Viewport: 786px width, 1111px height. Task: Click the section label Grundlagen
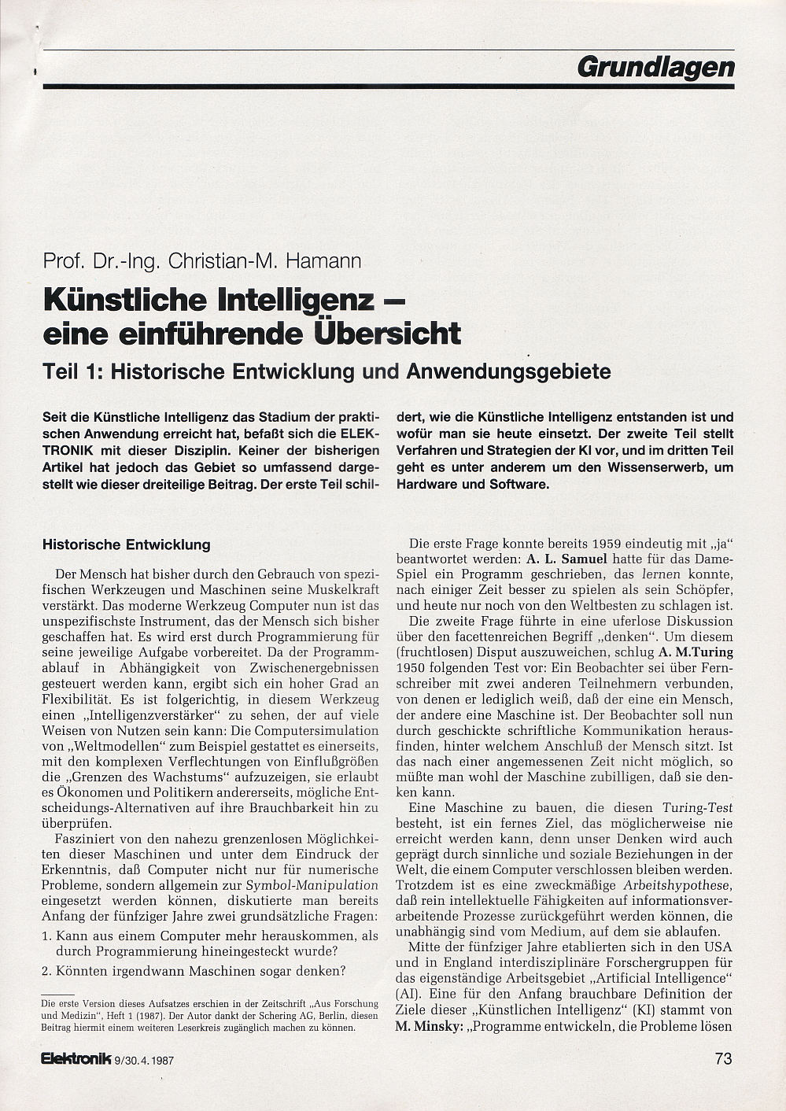(655, 68)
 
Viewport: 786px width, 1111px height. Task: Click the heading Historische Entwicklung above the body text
(126, 544)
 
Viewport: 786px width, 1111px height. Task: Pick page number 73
(723, 1058)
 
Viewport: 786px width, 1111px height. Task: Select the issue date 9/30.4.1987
(144, 1061)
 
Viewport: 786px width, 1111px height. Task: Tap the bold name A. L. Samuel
(566, 559)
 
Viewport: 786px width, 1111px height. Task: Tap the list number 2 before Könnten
(46, 971)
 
